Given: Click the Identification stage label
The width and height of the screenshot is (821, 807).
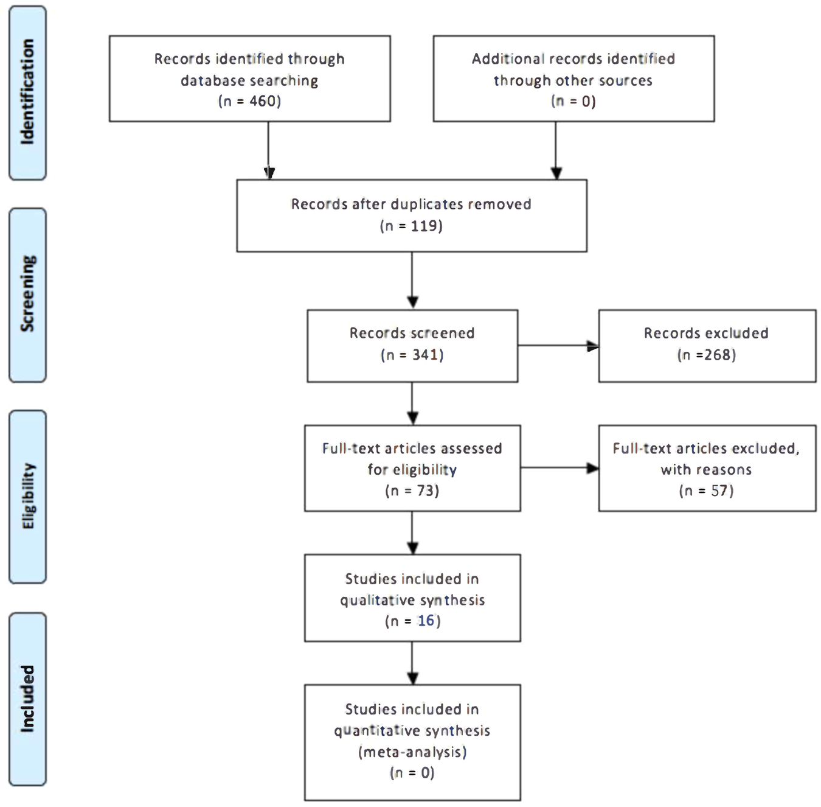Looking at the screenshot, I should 27,93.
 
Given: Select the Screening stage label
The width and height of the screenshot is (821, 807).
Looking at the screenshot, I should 27,295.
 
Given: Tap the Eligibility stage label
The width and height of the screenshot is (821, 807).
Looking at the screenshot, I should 27,496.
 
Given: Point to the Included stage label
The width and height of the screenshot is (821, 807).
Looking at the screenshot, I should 27,699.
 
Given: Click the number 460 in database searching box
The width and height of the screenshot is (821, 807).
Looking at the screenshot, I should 265,101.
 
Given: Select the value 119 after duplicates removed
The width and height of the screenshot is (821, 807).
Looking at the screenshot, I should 425,226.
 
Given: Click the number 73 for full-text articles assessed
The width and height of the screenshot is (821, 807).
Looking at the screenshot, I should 427,491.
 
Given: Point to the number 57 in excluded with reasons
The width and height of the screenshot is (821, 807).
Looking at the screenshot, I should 721,491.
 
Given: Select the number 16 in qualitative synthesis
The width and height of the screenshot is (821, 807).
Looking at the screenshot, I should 426,621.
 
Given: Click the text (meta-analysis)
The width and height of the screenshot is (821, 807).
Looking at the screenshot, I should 412,752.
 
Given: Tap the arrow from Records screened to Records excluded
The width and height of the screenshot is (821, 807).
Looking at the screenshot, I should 558,346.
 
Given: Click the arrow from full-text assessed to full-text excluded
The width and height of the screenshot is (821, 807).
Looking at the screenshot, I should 559,468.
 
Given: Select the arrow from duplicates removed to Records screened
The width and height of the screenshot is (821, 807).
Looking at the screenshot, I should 412,281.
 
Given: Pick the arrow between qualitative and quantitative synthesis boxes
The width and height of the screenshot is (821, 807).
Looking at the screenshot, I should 412,663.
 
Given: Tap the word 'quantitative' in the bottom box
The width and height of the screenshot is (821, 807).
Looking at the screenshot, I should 372,731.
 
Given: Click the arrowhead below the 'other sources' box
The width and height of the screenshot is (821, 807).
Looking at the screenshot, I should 556,173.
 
